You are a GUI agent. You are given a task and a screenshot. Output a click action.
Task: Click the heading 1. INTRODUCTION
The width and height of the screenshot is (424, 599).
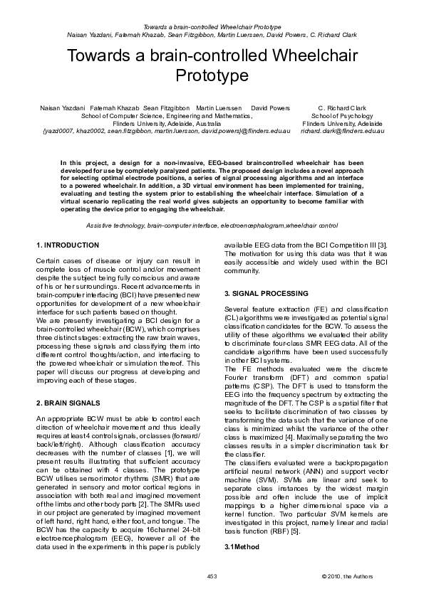pyautogui.click(x=68, y=245)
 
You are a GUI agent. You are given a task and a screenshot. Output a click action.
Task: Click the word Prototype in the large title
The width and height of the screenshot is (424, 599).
pyautogui.click(x=212, y=75)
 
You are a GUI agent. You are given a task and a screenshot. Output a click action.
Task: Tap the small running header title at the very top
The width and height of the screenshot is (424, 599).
pyautogui.click(x=212, y=26)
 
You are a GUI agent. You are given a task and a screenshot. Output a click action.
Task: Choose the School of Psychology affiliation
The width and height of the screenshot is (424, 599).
pyautogui.click(x=342, y=115)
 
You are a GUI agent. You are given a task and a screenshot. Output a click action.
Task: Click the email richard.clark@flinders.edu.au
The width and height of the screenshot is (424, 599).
pyautogui.click(x=341, y=131)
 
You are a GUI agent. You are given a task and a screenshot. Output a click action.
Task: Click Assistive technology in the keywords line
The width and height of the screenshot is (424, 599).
pyautogui.click(x=115, y=225)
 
